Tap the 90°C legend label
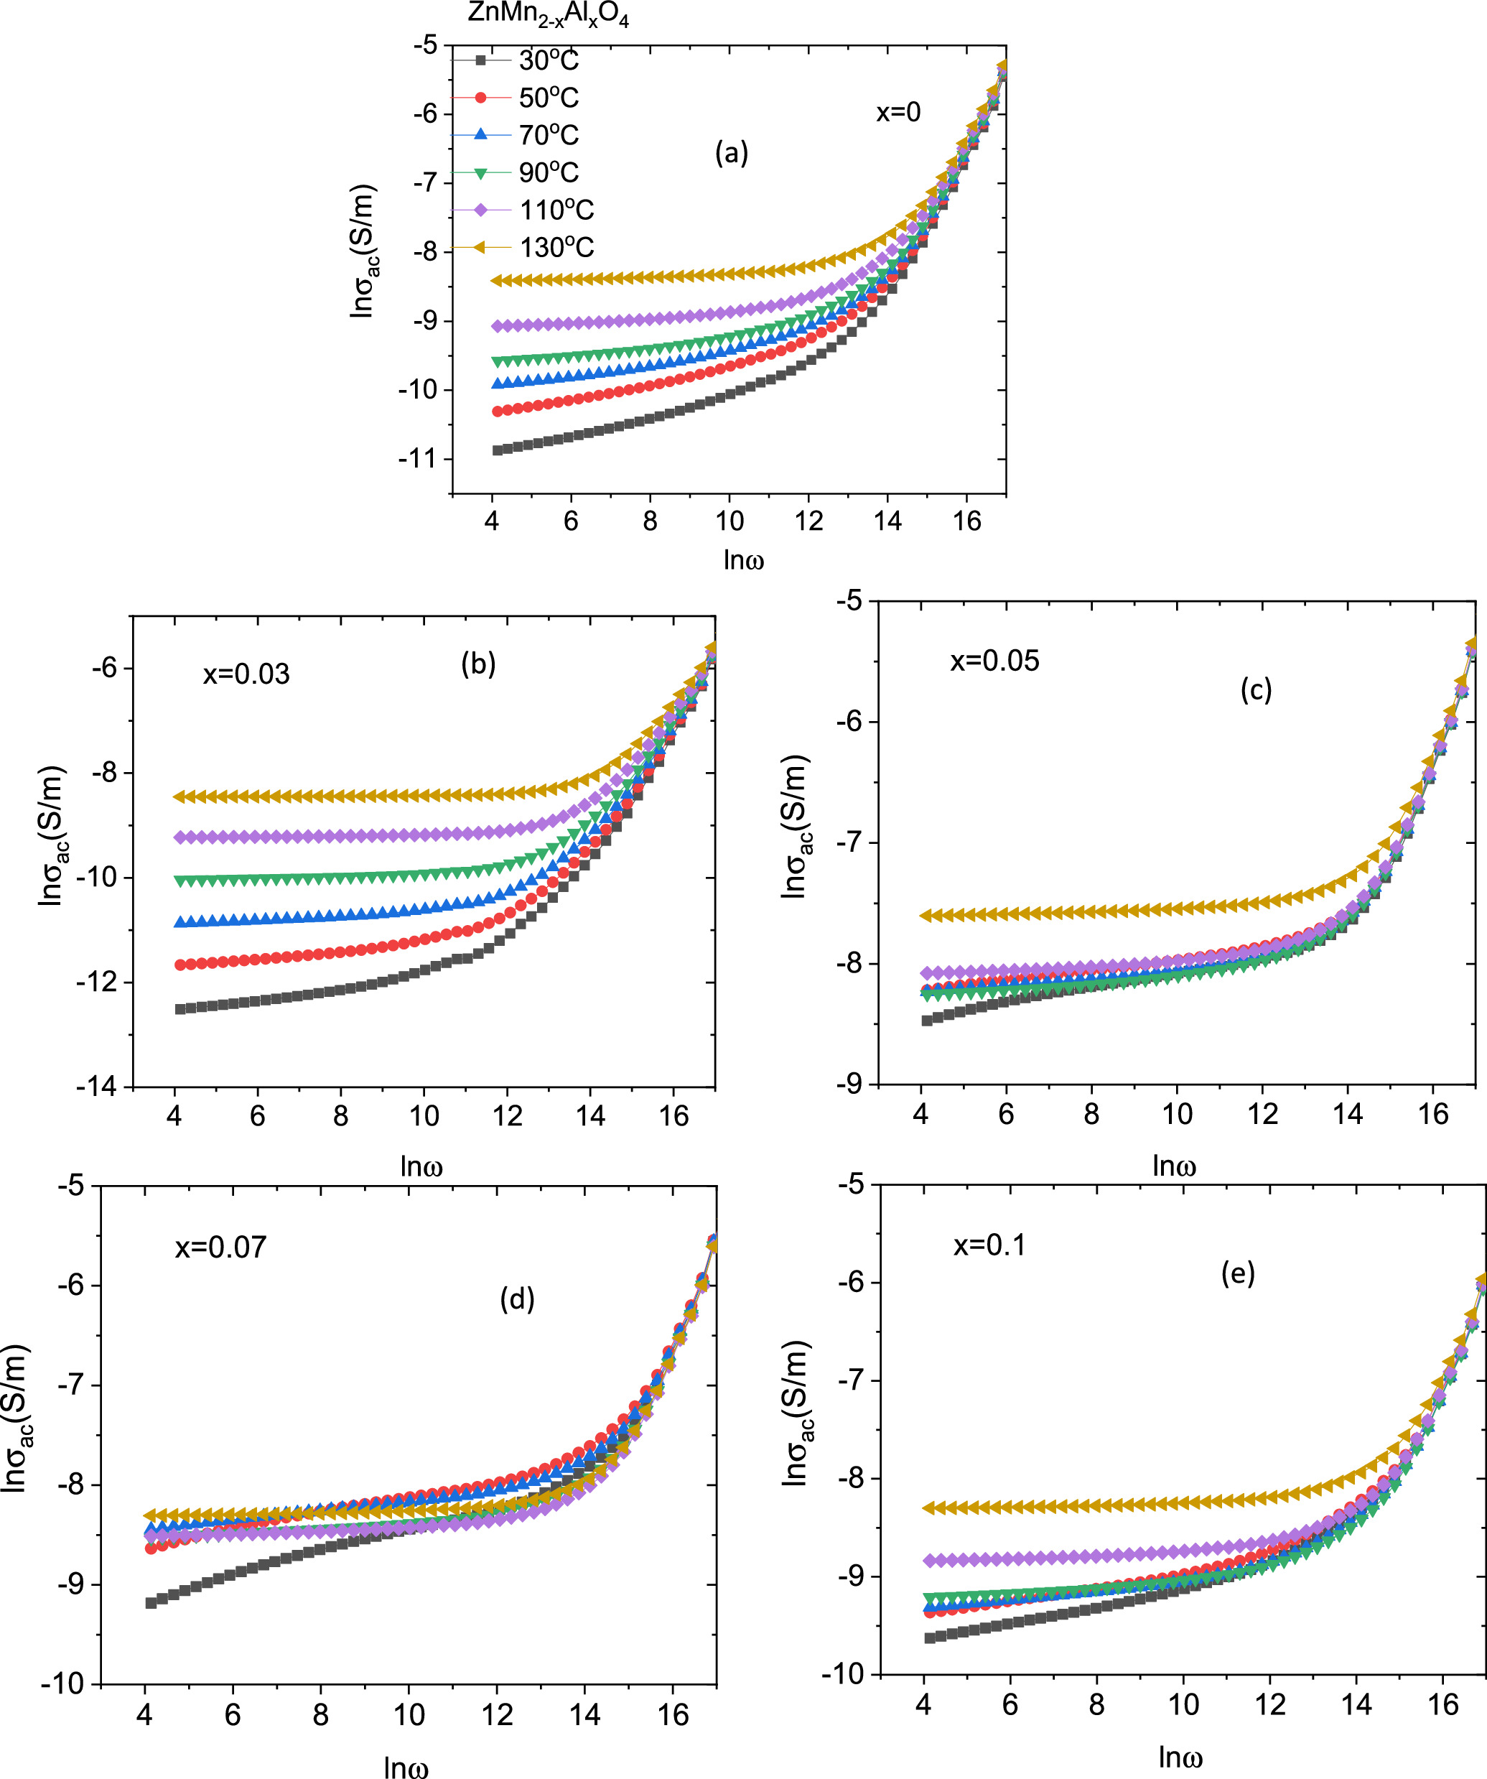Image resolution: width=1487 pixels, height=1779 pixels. point(548,173)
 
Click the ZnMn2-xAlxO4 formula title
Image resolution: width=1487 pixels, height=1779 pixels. point(548,15)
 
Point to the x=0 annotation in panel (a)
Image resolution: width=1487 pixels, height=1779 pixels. point(898,112)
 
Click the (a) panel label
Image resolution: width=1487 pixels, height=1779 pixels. point(731,153)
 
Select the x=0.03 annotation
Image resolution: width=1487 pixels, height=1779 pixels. point(246,674)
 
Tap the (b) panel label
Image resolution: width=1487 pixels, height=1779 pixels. point(477,664)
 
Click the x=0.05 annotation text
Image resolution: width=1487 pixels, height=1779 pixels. point(994,661)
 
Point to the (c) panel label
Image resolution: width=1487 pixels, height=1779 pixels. point(1255,690)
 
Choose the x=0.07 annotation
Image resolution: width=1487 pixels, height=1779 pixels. point(220,1247)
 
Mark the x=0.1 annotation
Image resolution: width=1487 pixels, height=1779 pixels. point(989,1245)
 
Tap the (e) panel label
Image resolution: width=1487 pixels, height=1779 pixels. point(1237,1273)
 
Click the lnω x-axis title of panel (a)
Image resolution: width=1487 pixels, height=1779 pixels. point(744,560)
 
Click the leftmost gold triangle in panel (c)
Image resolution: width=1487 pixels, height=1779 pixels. point(926,916)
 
